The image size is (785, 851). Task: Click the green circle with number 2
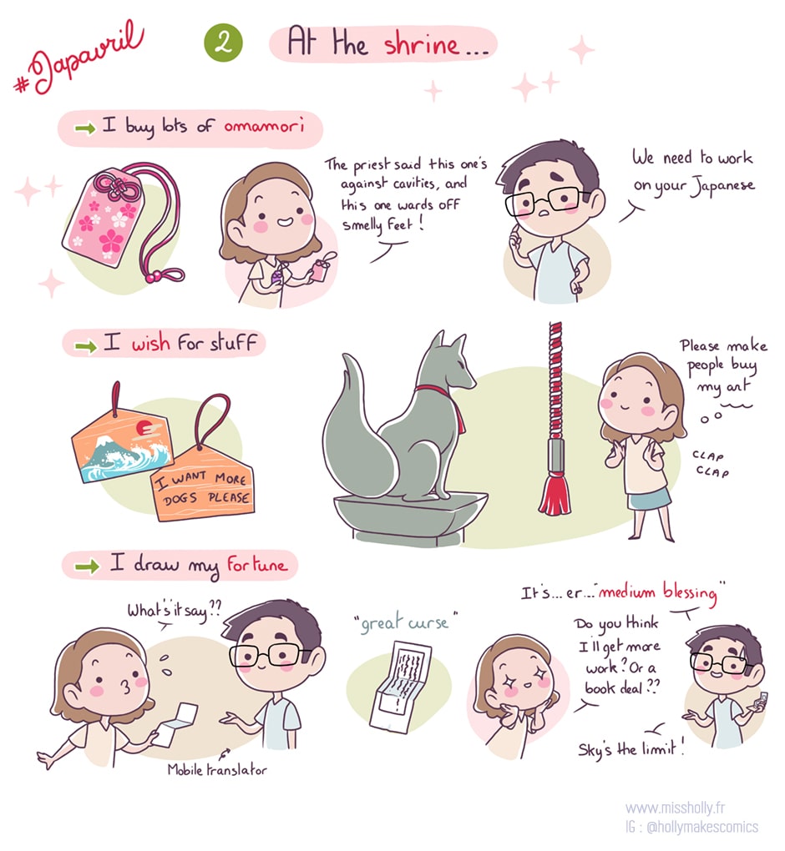pyautogui.click(x=223, y=43)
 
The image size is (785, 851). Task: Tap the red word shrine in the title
pyautogui.click(x=422, y=43)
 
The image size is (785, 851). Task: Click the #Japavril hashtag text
pyautogui.click(x=79, y=58)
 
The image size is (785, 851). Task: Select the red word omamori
pyautogui.click(x=264, y=127)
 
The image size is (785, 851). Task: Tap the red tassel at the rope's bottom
pyautogui.click(x=555, y=494)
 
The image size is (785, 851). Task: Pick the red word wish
pyautogui.click(x=150, y=344)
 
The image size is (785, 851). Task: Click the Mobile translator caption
pyautogui.click(x=217, y=769)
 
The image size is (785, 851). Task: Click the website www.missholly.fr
pyautogui.click(x=676, y=808)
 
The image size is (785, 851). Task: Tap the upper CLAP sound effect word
pyautogui.click(x=708, y=456)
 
